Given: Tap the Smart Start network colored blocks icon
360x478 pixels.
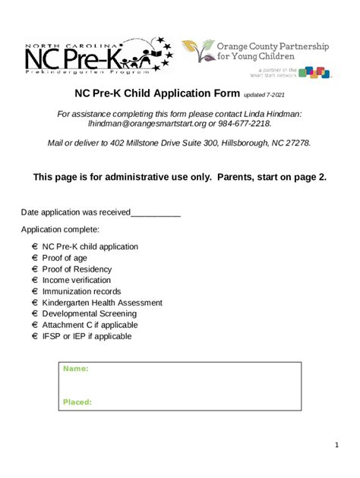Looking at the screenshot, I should pyautogui.click(x=314, y=73).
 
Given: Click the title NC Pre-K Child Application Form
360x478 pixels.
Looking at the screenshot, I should pyautogui.click(x=156, y=94).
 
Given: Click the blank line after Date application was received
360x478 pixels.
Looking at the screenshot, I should pyautogui.click(x=156, y=213).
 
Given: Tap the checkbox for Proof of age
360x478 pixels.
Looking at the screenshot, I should pyautogui.click(x=36, y=258).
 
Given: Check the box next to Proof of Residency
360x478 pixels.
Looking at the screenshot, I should pyautogui.click(x=36, y=269).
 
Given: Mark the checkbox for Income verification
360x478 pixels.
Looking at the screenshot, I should pyautogui.click(x=36, y=280).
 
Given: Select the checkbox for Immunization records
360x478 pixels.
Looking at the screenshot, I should pyautogui.click(x=36, y=291).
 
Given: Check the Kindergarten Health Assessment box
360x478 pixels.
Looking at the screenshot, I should pyautogui.click(x=36, y=303).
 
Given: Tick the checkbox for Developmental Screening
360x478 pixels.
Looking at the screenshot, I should pyautogui.click(x=36, y=313).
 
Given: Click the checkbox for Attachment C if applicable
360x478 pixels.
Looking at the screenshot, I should pyautogui.click(x=36, y=325).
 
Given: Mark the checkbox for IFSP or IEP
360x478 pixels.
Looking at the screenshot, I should pyautogui.click(x=36, y=336).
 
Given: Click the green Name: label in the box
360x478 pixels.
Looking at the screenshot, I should pyautogui.click(x=75, y=369).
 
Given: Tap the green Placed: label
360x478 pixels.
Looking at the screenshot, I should pyautogui.click(x=77, y=402).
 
